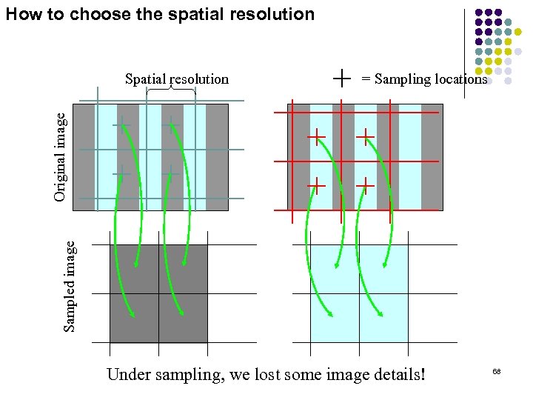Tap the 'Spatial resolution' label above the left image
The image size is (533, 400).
(177, 79)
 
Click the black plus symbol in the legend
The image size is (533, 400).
(342, 77)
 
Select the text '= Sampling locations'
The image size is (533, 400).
(423, 79)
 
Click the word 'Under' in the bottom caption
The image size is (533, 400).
(128, 374)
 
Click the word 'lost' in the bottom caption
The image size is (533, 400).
(270, 374)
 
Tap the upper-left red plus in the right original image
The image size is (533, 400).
(317, 136)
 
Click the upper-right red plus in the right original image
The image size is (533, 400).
(366, 136)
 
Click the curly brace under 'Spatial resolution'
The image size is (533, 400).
(171, 90)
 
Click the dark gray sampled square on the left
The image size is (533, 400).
(158, 293)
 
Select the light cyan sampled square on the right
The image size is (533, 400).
(359, 293)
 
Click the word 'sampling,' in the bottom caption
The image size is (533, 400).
(193, 374)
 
